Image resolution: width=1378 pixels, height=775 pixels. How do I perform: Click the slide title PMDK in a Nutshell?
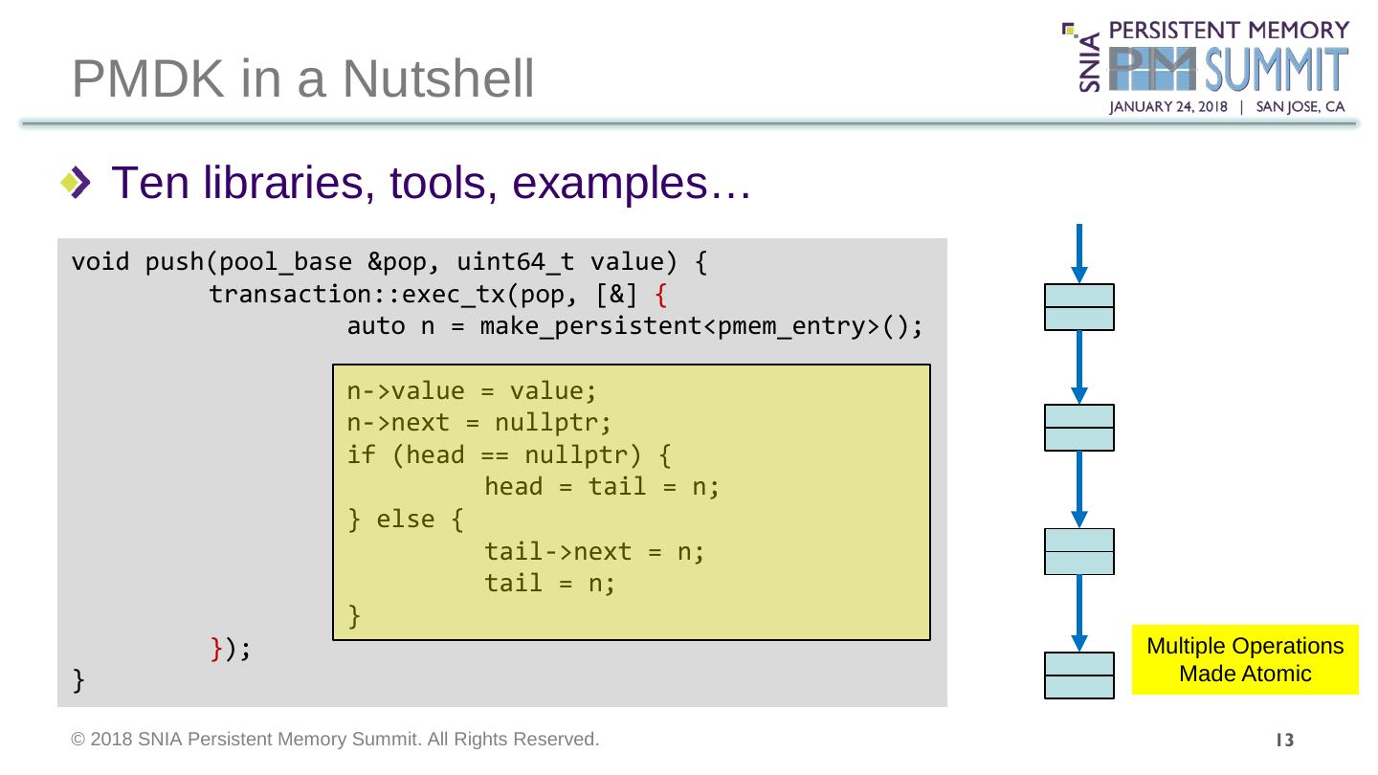tap(302, 79)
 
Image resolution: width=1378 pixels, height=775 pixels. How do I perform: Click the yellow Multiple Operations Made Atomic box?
tap(1244, 659)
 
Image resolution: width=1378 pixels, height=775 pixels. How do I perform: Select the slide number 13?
tap(1284, 740)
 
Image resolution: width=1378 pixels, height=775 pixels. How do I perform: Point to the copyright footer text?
tap(336, 739)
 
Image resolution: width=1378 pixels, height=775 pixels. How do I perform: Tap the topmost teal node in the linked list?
tap(1079, 307)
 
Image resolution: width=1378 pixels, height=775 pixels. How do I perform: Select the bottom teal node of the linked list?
tap(1079, 675)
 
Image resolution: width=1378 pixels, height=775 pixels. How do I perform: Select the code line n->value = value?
tap(472, 391)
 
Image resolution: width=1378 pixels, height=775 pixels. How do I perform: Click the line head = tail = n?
tap(602, 487)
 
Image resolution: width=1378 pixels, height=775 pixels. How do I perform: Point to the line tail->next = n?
tap(594, 551)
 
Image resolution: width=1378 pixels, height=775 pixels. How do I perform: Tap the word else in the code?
tap(406, 520)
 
